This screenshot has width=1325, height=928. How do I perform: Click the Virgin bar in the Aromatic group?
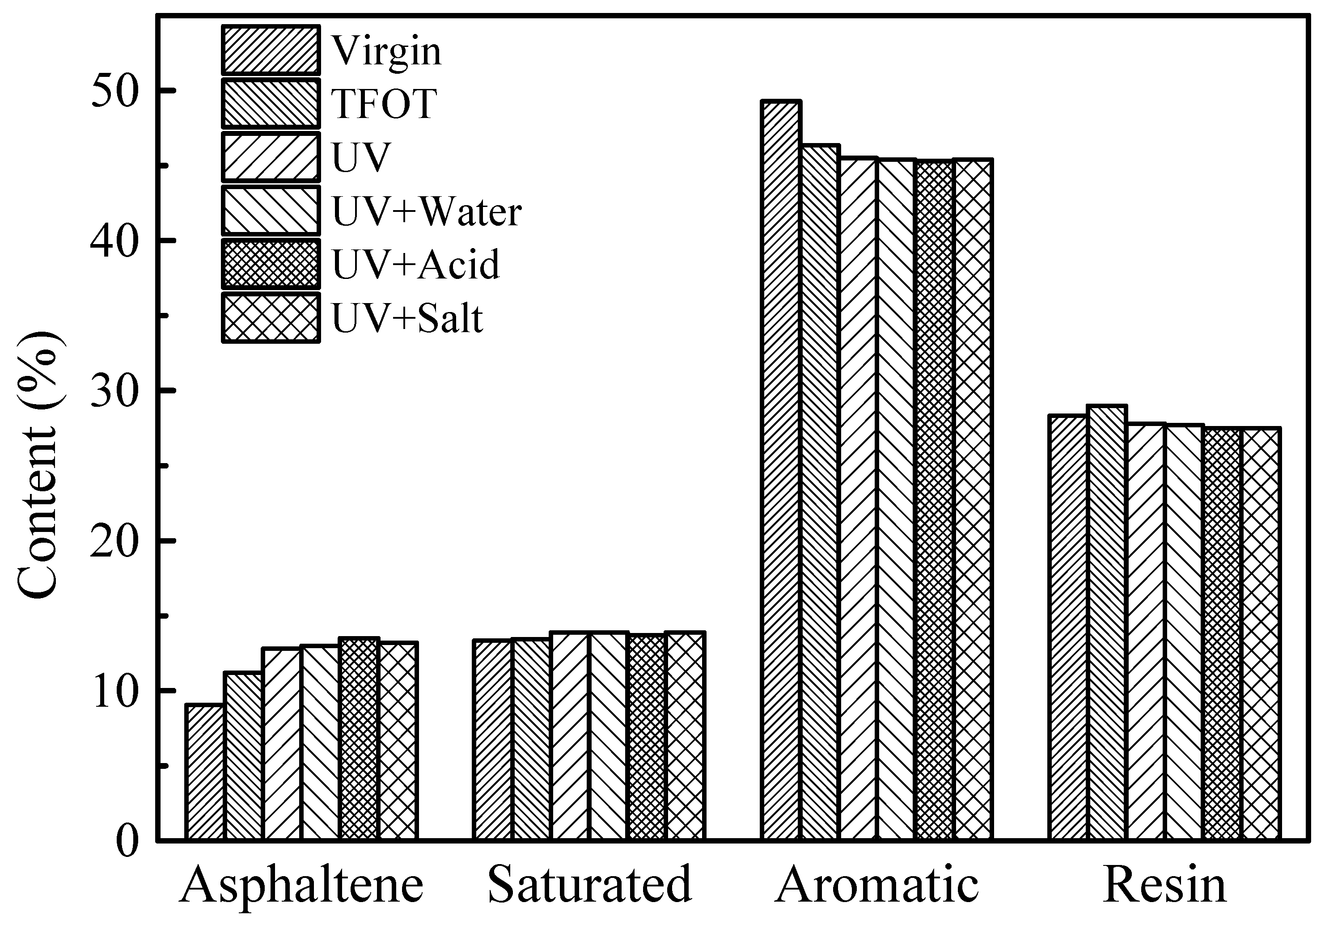click(781, 470)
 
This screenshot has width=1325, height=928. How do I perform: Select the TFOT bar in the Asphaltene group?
click(243, 755)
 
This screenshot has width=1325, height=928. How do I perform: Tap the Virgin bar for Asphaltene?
click(204, 772)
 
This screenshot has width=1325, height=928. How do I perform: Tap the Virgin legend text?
click(387, 51)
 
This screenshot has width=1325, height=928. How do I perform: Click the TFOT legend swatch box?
click(271, 104)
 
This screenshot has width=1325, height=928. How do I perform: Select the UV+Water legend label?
click(427, 212)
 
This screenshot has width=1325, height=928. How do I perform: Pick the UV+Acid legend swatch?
click(271, 264)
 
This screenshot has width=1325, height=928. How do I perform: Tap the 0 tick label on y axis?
click(127, 840)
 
